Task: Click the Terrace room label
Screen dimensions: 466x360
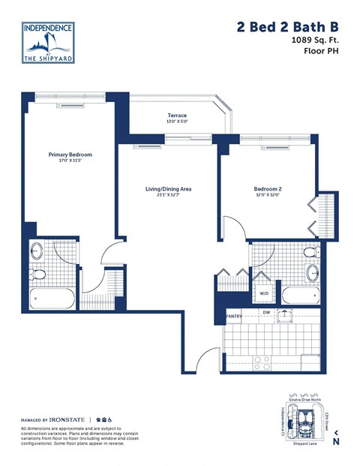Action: (177, 116)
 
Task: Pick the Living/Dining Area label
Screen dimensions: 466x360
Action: (168, 189)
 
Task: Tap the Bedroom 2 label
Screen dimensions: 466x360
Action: (267, 189)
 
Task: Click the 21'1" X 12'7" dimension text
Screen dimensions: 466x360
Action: (168, 197)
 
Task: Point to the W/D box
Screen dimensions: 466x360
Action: (264, 293)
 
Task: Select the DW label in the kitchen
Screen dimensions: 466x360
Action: (265, 312)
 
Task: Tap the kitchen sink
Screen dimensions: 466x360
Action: (285, 315)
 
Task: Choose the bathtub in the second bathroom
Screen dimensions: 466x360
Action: (301, 294)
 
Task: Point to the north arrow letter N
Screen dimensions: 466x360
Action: (336, 441)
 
